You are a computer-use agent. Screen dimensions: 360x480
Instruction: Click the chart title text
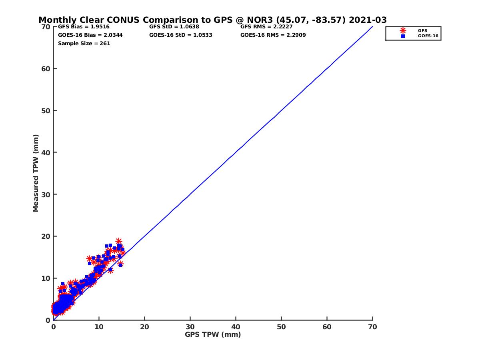coord(212,20)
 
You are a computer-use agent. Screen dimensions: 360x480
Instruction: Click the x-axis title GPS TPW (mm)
coord(213,334)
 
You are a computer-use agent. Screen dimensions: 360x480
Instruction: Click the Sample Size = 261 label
coord(84,43)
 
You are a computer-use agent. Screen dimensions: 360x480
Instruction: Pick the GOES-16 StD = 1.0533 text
coord(180,35)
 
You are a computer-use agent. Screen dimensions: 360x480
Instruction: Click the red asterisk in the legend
coord(403,30)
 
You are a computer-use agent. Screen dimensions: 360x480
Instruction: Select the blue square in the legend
coord(403,36)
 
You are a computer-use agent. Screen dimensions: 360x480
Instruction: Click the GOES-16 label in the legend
coord(426,36)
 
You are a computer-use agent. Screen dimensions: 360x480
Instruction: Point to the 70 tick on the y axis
coord(46,27)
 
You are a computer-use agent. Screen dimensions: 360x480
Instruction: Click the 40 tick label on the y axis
coord(46,152)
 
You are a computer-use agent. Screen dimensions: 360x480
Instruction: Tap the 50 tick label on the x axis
coord(281,327)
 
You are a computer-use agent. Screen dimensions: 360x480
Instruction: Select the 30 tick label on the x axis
coord(190,327)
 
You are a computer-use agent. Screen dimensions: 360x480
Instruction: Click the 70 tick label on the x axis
coord(372,327)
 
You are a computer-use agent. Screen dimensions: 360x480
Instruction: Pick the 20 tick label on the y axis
coord(46,236)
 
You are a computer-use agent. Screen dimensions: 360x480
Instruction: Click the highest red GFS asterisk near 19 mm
coord(119,241)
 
